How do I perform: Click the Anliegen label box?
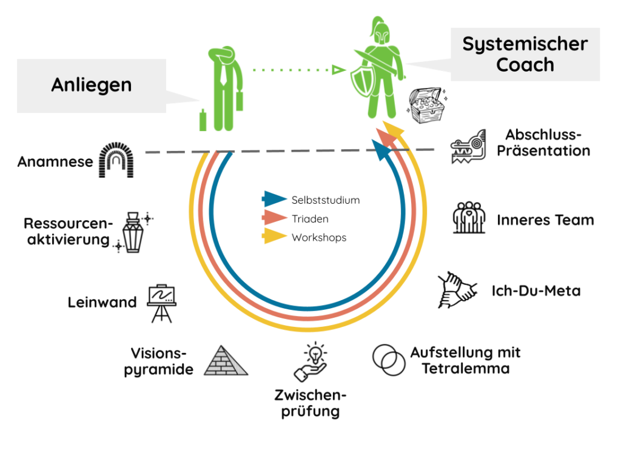[x=91, y=85]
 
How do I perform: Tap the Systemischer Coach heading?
[x=525, y=54]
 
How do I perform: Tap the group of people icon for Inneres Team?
[x=469, y=218]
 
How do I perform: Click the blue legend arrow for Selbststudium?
[x=274, y=199]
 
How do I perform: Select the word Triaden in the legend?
[x=310, y=218]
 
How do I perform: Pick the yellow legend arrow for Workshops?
[x=274, y=237]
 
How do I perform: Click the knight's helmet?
[x=380, y=35]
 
